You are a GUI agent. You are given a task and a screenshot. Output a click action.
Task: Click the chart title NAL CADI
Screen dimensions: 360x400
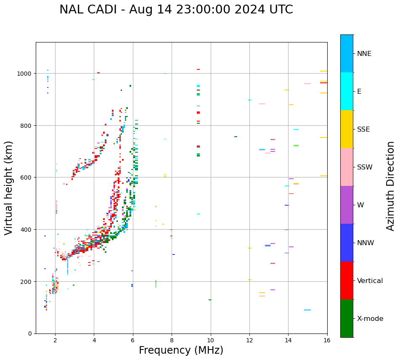tap(176, 10)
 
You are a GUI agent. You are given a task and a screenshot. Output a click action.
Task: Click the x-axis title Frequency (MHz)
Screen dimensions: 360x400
tap(181, 350)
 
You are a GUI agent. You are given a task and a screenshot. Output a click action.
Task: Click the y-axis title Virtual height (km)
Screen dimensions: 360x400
tap(9, 188)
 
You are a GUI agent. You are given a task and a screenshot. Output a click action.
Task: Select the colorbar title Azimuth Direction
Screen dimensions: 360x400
tap(391, 186)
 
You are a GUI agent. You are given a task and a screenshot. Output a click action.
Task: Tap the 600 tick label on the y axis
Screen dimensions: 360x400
tap(27, 177)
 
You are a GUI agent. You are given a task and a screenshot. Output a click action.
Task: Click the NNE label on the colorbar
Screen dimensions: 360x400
tap(364, 54)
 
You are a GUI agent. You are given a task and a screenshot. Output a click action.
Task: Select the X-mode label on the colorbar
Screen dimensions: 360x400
tap(370, 319)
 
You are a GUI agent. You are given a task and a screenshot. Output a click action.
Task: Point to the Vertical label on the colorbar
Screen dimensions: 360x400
tap(370, 281)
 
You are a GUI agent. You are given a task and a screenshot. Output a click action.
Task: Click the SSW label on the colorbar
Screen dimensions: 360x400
tap(365, 167)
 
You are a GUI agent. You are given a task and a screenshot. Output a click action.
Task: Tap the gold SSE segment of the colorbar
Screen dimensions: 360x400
tap(347, 129)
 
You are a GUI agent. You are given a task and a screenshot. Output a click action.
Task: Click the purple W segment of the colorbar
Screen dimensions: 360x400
tap(347, 205)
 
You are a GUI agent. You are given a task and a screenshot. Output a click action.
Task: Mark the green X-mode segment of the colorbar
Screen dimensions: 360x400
tap(347, 318)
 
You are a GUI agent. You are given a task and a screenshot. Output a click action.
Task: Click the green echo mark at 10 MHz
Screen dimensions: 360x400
tap(210, 300)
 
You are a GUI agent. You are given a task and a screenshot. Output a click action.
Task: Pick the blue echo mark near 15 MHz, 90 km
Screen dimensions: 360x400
tap(307, 310)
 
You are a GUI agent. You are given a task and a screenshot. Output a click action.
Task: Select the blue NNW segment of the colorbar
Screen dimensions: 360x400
tap(347, 243)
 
